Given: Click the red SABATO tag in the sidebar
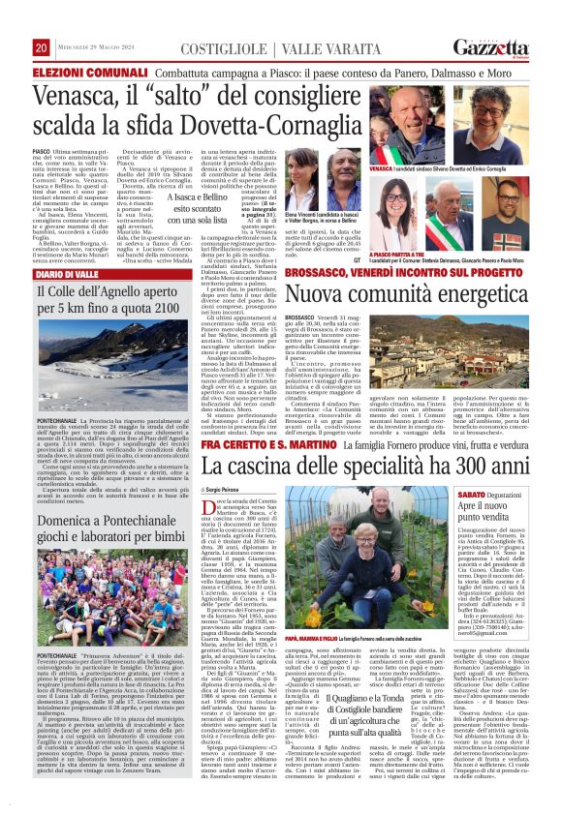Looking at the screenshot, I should tap(473, 494).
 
